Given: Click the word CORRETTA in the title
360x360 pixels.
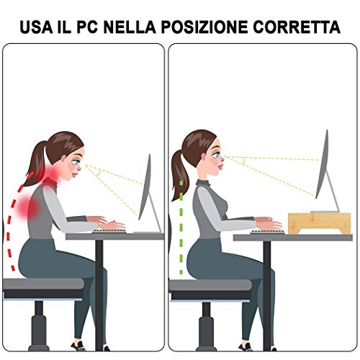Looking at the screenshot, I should pos(302,27).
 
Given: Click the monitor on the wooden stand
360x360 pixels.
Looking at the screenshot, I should pos(325,167).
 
